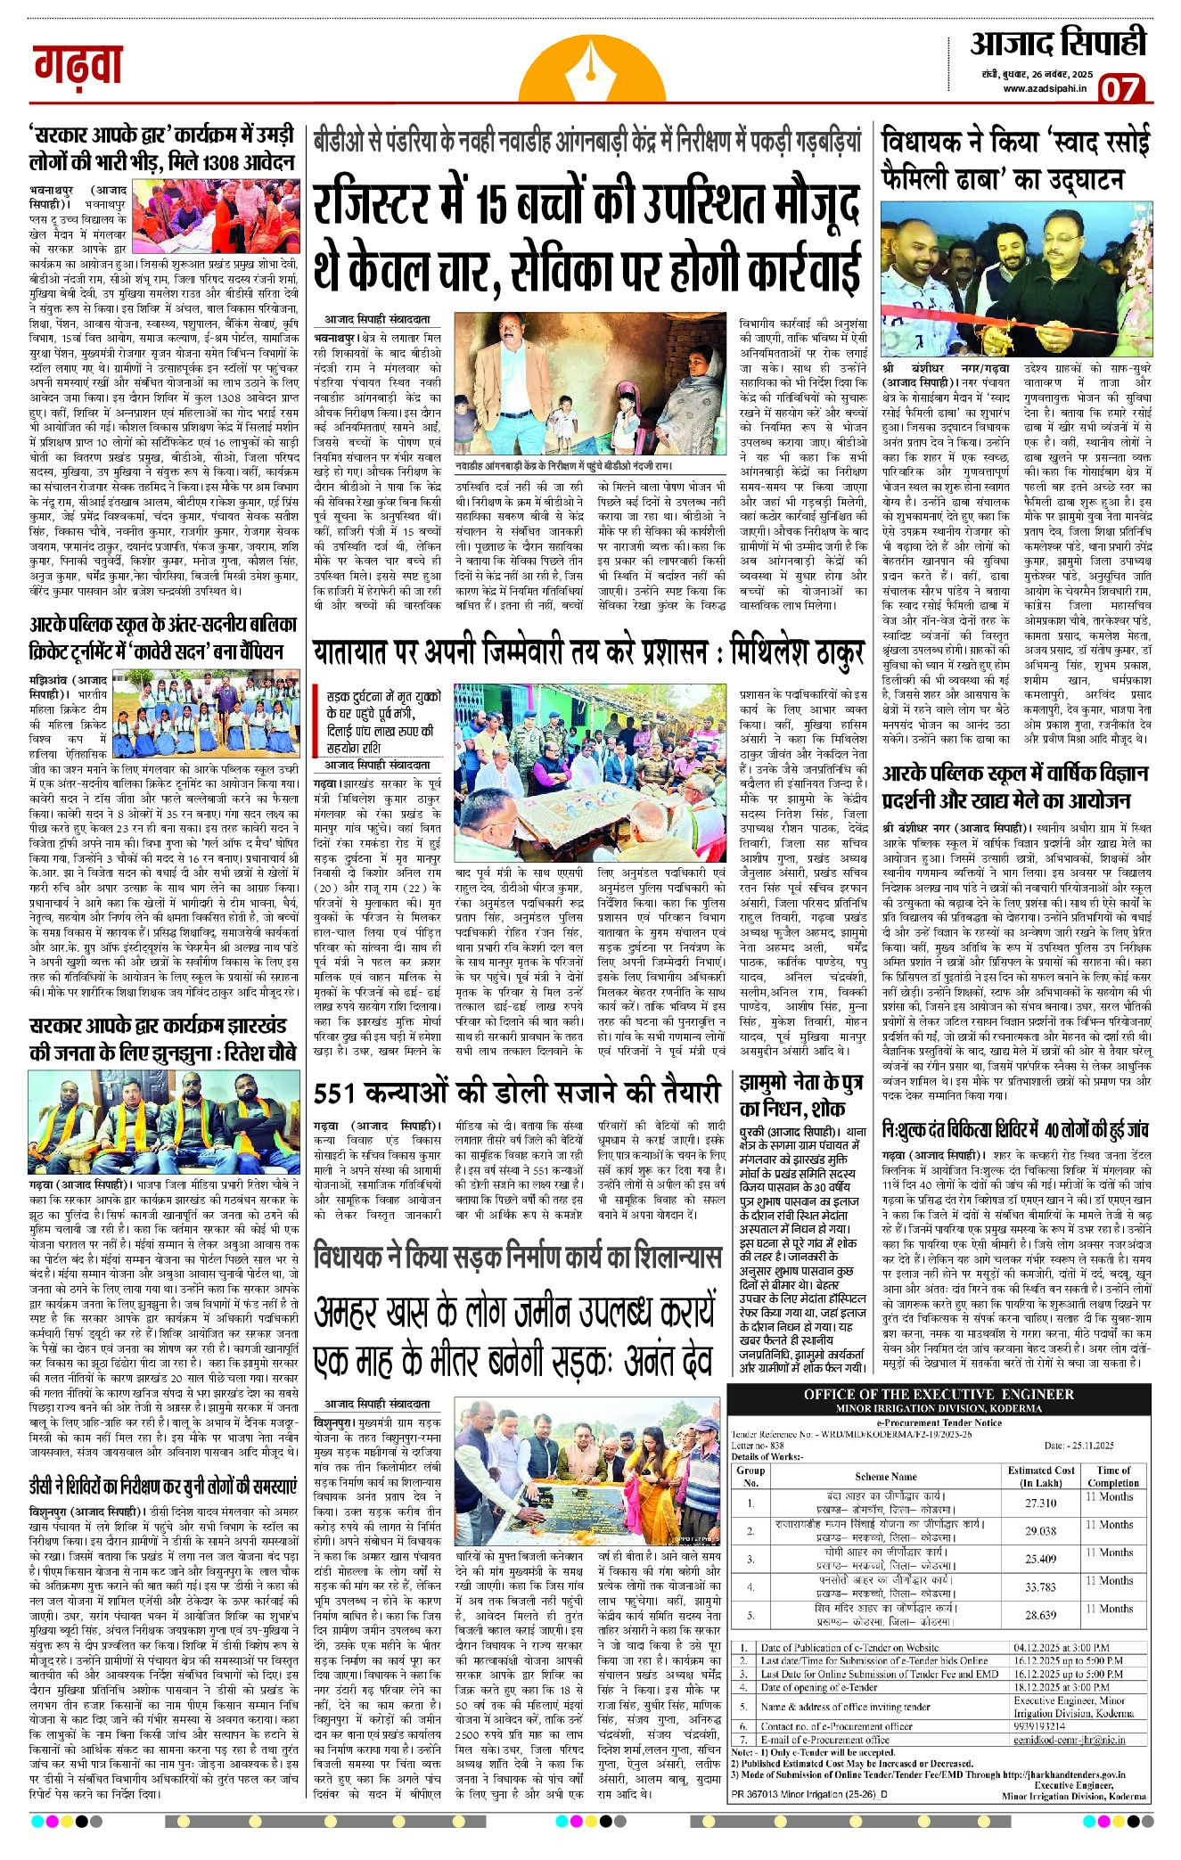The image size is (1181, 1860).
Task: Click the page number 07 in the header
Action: (x=1120, y=89)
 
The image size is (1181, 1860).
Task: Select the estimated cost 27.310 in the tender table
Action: (x=1040, y=1503)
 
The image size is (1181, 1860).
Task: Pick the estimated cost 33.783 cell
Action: (x=1040, y=1586)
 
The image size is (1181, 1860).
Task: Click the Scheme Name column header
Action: (x=885, y=1476)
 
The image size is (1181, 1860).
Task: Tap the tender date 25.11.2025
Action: (x=1078, y=1445)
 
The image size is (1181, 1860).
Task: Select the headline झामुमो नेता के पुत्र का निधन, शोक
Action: (x=800, y=1096)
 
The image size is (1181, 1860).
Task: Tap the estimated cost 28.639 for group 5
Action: (x=1040, y=1614)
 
